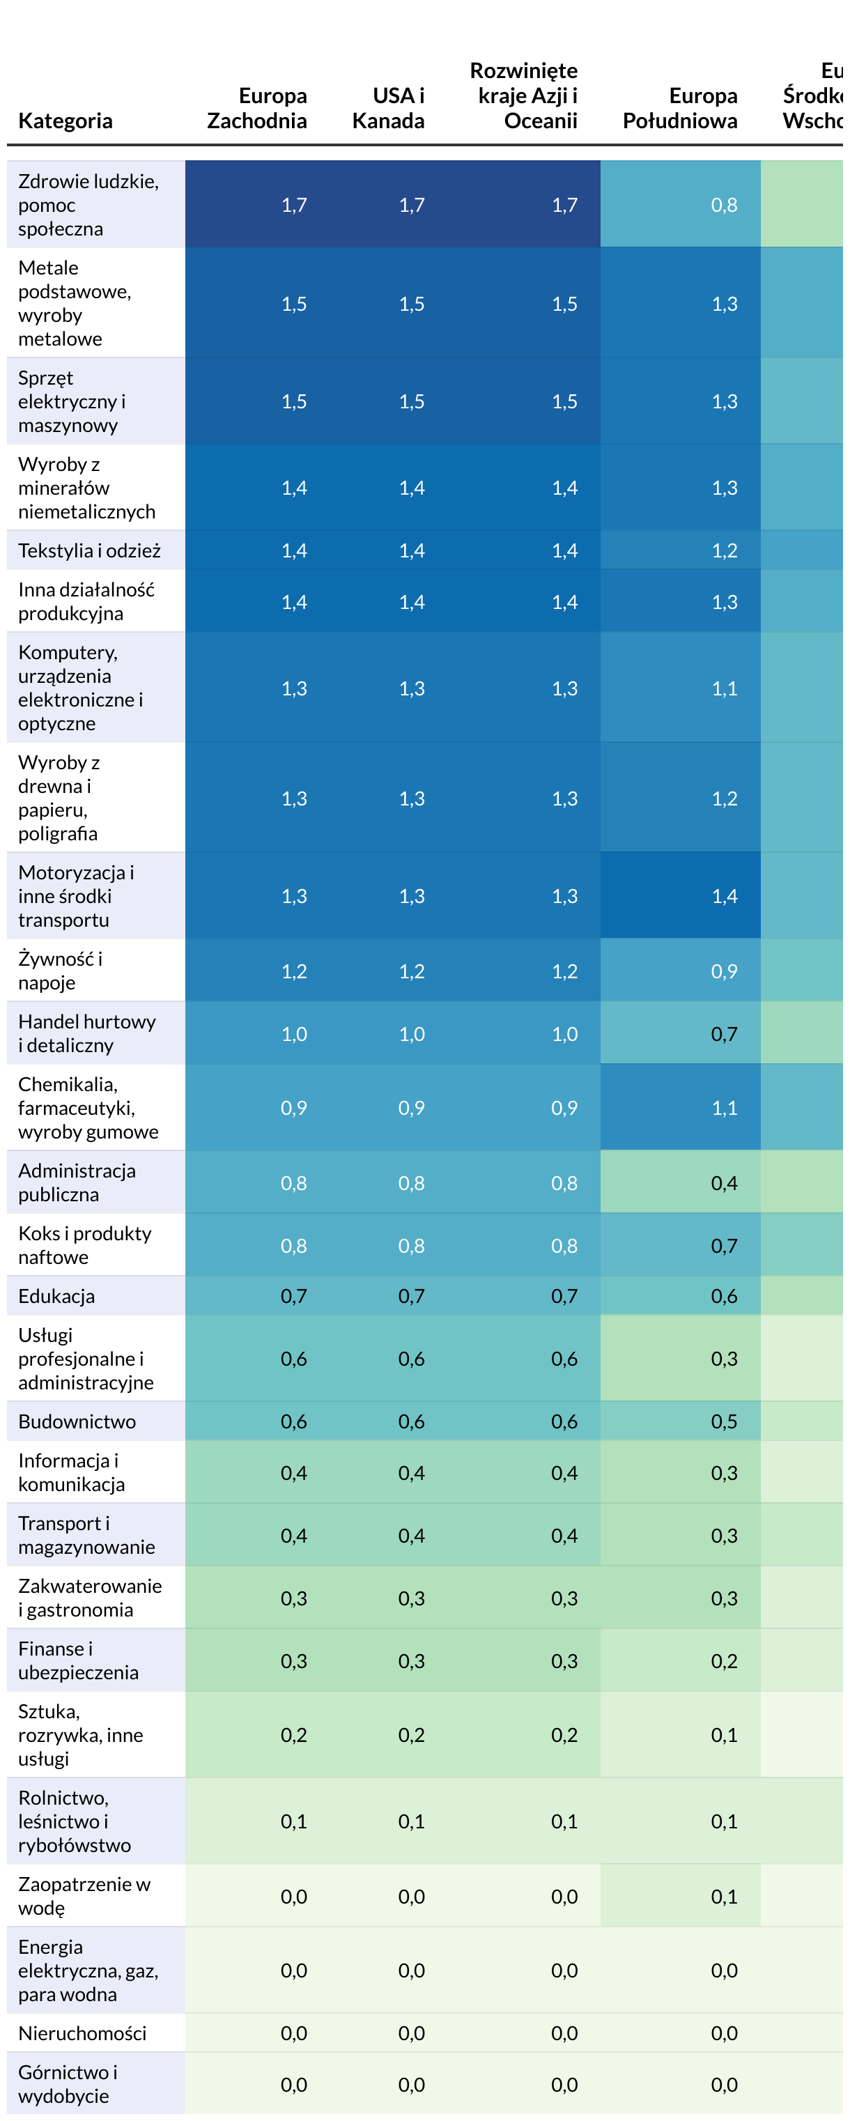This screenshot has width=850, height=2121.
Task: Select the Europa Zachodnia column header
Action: click(256, 108)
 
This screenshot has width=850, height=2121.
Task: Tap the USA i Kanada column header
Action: click(388, 108)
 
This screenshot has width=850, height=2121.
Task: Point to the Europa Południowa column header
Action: click(679, 108)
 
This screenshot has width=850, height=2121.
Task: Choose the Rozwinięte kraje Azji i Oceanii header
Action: click(524, 95)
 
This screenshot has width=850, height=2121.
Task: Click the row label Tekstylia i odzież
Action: click(89, 551)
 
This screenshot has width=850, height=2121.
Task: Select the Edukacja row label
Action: click(56, 1296)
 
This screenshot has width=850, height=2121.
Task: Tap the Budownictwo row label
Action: click(77, 1421)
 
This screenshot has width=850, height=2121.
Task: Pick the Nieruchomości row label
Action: click(82, 2033)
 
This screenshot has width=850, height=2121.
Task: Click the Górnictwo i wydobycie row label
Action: click(68, 2084)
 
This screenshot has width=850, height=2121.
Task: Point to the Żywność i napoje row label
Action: click(60, 971)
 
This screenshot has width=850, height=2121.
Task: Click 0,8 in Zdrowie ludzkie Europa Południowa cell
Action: click(724, 205)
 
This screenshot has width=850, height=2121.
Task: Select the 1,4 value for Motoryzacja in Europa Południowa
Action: click(724, 896)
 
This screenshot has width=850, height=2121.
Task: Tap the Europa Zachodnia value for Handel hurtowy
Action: click(294, 1034)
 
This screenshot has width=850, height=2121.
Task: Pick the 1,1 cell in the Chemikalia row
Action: click(724, 1107)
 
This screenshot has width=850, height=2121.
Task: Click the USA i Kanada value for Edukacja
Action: click(411, 1296)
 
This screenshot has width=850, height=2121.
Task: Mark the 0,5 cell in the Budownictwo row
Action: click(724, 1421)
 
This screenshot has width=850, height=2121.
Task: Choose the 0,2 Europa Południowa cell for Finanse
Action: click(724, 1660)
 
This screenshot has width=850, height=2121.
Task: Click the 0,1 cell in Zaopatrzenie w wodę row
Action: click(724, 1896)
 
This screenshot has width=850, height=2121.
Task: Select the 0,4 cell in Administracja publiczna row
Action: click(724, 1183)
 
